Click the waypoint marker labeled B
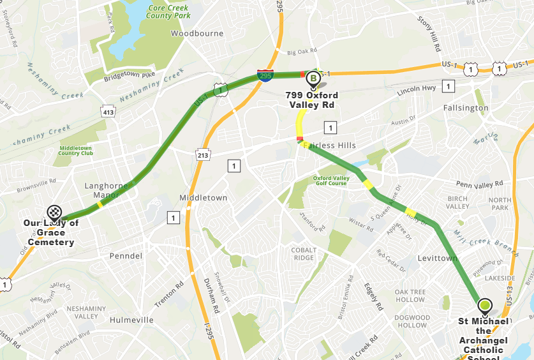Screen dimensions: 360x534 pyautogui.click(x=313, y=79)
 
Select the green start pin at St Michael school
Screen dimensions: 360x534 pyautogui.click(x=485, y=306)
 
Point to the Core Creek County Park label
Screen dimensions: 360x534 pyautogui.click(x=170, y=11)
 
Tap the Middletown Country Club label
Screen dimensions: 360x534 pyautogui.click(x=76, y=151)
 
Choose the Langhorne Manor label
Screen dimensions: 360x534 pyautogui.click(x=107, y=190)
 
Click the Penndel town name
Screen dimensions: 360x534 pyautogui.click(x=126, y=256)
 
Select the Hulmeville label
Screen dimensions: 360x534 pyautogui.click(x=131, y=320)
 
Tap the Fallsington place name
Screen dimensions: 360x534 pyautogui.click(x=466, y=109)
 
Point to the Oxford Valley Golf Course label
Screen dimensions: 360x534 pyautogui.click(x=330, y=181)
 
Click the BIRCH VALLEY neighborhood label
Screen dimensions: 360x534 pyautogui.click(x=458, y=202)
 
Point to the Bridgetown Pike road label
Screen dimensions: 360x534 pyautogui.click(x=130, y=75)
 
